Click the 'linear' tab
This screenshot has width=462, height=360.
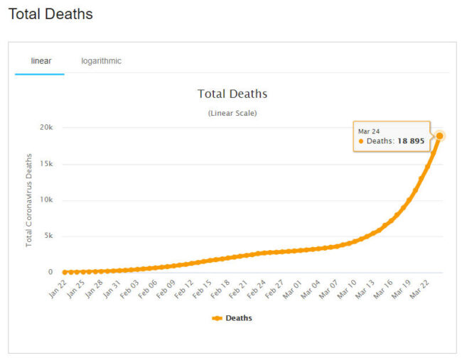[41, 61]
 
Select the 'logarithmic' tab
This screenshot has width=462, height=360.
[101, 61]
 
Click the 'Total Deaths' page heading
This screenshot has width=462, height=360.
[50, 14]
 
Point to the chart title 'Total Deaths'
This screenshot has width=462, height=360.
[232, 94]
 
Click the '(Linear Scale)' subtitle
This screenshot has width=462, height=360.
[232, 113]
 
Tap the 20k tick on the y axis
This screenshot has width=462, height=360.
[46, 128]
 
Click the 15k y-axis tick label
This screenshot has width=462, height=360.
[46, 164]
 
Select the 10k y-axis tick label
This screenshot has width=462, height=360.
[46, 200]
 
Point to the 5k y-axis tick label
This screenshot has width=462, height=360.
[48, 236]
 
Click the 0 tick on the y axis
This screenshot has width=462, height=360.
[50, 273]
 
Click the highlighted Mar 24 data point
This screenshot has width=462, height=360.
[439, 136]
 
